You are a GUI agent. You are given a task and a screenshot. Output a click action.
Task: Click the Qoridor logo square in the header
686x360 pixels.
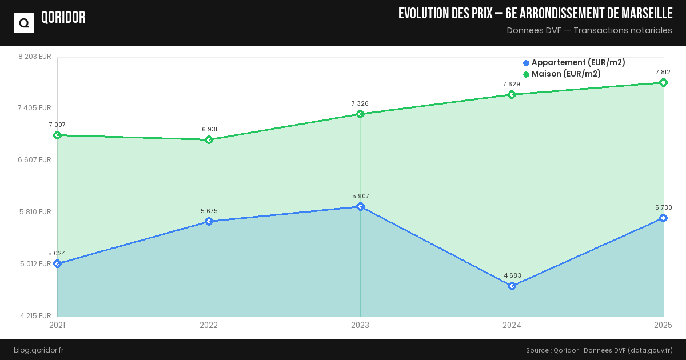tap(24, 23)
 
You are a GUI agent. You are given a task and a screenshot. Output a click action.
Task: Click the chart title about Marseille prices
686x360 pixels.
tap(535, 14)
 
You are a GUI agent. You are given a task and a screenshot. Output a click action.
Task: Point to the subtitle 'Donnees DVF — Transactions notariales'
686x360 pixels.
tap(589, 30)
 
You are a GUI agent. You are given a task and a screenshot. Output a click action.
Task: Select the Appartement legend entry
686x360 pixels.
tap(573, 62)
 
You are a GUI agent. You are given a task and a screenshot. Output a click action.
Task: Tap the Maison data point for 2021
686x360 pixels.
tap(57, 135)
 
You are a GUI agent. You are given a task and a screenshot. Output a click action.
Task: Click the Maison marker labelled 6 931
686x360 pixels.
tap(209, 139)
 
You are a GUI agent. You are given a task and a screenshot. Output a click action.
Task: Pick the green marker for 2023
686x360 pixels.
tap(360, 114)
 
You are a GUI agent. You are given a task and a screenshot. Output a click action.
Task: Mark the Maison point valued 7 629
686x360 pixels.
tap(512, 94)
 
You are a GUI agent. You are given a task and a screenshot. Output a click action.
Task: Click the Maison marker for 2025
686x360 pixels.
tap(663, 82)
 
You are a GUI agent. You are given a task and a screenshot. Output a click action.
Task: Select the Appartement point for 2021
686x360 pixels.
tap(57, 263)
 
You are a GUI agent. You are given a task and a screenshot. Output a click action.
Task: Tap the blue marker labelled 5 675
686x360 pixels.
tap(209, 221)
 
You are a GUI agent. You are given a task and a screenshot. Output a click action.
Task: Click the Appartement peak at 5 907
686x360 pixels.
tap(360, 206)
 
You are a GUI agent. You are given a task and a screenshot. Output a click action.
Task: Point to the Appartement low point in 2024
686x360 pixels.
tap(512, 286)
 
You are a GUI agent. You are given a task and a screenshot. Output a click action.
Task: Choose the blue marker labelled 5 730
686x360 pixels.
tap(663, 218)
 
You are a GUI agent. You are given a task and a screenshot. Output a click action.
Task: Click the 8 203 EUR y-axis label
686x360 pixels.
tap(35, 57)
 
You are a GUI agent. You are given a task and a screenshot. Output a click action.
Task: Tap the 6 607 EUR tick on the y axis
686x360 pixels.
tap(35, 160)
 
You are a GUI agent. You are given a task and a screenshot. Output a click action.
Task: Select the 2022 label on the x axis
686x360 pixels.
tap(209, 325)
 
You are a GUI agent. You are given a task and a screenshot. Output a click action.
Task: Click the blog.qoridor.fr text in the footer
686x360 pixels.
tap(38, 350)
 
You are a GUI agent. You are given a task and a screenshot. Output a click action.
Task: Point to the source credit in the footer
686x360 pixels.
tap(599, 350)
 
